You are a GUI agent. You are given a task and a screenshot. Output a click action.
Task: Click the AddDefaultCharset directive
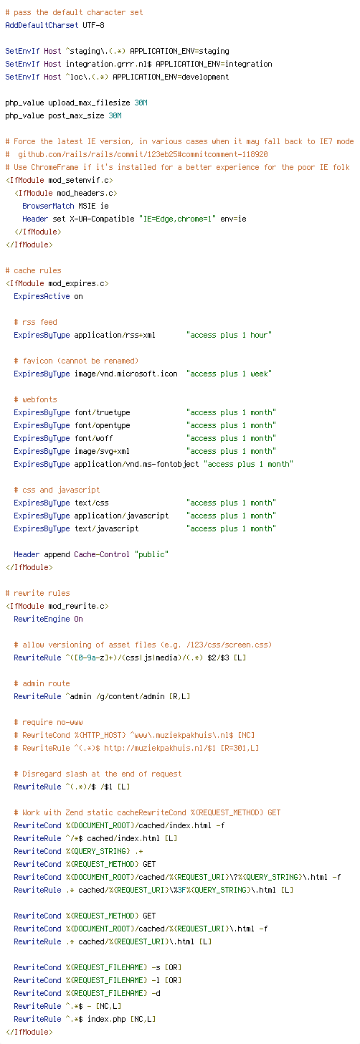coord(42,25)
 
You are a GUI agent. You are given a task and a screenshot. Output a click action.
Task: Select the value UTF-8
coord(93,25)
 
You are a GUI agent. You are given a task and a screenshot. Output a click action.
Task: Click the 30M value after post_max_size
coord(115,115)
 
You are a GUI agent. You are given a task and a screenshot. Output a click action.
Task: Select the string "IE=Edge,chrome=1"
coord(177,219)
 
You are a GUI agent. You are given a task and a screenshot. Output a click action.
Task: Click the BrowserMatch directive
coord(48,206)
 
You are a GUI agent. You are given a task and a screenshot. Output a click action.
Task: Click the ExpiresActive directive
coord(42,296)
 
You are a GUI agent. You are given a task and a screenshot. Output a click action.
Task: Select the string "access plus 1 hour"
coord(229,335)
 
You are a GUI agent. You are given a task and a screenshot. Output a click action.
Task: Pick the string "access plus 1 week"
coord(229,374)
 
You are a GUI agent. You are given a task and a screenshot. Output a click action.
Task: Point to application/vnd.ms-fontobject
coord(137,464)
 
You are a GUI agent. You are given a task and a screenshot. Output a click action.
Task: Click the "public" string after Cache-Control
coord(151,555)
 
